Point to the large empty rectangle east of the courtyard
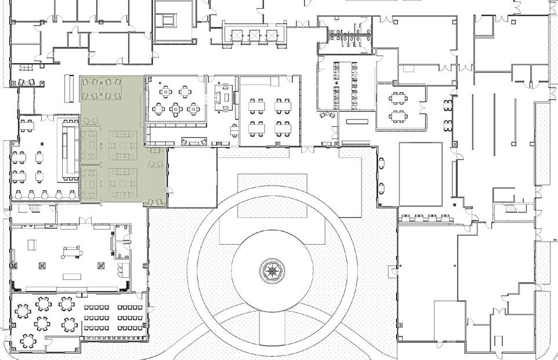[x=421, y=174]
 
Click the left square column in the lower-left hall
[x=42, y=266]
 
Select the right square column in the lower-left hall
[x=101, y=266]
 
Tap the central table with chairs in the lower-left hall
[x=70, y=252]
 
